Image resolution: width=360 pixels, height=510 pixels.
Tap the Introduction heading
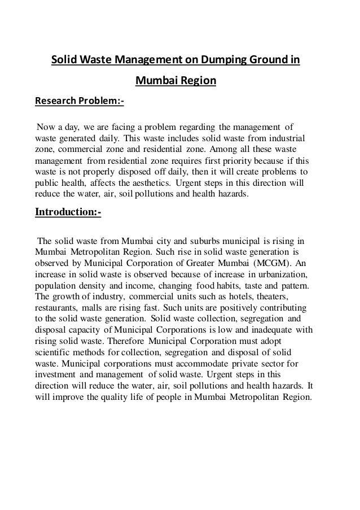tap(68, 212)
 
